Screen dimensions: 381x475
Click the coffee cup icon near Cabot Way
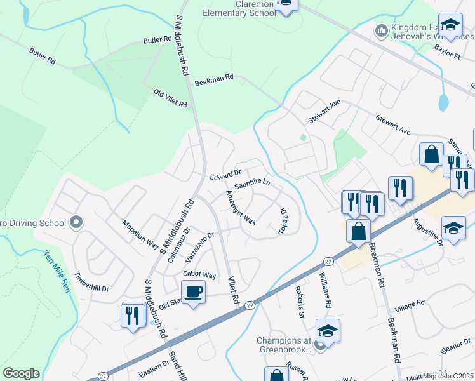(193, 292)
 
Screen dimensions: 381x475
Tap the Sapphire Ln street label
(253, 185)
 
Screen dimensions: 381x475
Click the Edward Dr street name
(225, 173)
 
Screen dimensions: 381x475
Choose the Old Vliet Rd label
(171, 98)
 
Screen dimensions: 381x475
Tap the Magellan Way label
(140, 233)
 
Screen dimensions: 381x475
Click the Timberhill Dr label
(92, 283)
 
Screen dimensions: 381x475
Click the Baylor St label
(448, 57)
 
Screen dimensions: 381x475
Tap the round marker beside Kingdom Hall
(382, 30)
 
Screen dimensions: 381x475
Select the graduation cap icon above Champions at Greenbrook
(328, 330)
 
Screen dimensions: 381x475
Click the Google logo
(21, 373)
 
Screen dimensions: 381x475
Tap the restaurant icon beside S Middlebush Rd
(133, 314)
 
